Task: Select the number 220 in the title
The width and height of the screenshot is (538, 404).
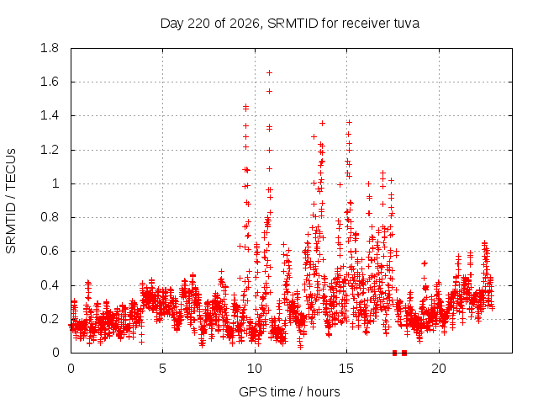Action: point(199,24)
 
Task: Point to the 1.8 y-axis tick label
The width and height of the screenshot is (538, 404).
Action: point(50,48)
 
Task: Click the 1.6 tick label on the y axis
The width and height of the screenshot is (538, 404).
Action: point(50,82)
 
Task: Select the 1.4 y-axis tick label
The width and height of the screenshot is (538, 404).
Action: point(50,116)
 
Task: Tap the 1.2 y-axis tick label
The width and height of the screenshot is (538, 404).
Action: point(50,150)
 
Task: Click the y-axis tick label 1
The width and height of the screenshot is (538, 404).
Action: point(55,183)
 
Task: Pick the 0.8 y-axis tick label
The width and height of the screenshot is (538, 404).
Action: point(50,217)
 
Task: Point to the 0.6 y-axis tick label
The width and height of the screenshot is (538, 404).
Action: point(50,251)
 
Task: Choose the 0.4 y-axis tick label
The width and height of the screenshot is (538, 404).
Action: point(50,285)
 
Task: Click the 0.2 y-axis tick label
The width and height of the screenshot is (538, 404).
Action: point(50,319)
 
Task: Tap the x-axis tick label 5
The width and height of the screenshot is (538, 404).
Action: point(162,369)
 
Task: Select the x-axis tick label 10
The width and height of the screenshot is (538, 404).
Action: point(255,369)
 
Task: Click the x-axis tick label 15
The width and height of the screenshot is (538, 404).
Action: point(346,369)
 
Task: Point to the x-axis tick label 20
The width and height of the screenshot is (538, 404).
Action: point(439,369)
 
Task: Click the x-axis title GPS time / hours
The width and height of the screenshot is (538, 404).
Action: point(289,391)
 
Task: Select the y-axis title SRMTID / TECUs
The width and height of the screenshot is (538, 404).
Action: point(11,201)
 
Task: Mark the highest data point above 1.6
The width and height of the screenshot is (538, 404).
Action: point(269,73)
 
